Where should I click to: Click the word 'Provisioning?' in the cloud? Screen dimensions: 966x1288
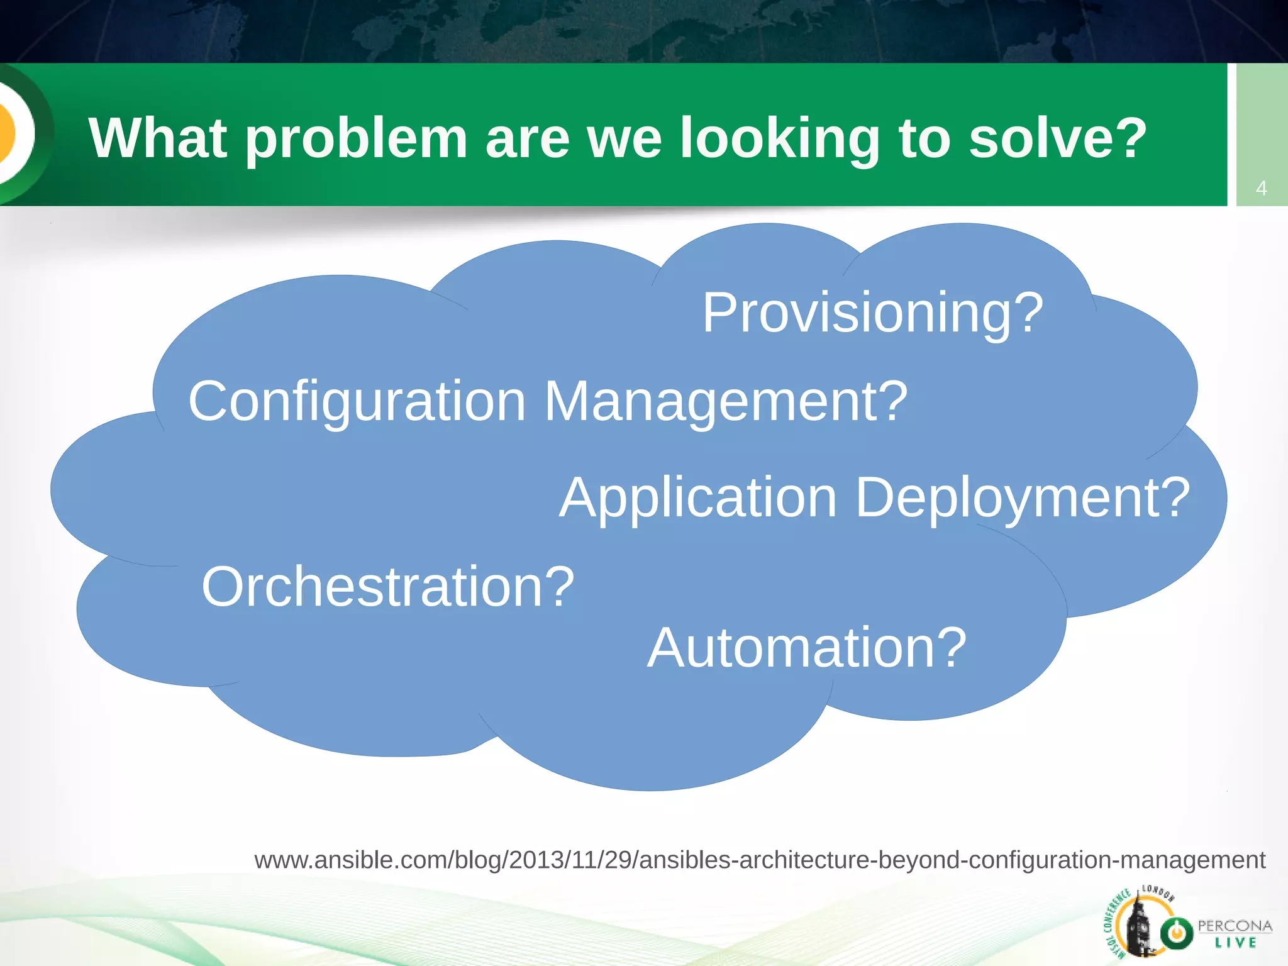tap(872, 313)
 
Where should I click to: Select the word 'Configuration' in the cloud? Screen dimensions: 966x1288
tap(357, 402)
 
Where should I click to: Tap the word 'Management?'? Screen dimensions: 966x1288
tap(726, 402)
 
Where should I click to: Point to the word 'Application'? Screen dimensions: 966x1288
tap(698, 498)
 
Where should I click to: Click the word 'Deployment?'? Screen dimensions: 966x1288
tap(1023, 498)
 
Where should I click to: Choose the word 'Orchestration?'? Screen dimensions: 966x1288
tap(387, 587)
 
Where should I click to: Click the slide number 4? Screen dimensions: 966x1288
tap(1261, 188)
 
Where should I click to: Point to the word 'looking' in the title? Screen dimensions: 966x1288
tap(780, 140)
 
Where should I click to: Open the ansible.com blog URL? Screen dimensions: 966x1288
tap(760, 860)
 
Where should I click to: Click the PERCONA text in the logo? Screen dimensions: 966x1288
tap(1235, 926)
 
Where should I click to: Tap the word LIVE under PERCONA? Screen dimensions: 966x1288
tap(1235, 943)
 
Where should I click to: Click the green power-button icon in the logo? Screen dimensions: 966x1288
tap(1176, 933)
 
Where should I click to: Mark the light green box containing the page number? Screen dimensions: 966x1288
tap(1262, 135)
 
